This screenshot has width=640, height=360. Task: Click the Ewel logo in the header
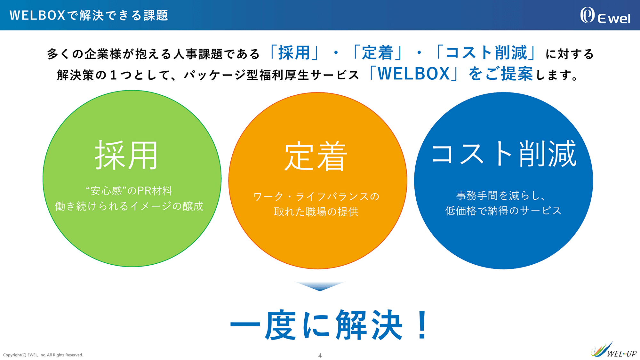click(605, 15)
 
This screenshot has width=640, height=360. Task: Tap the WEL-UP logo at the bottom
click(614, 350)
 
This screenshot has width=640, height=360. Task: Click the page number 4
click(320, 356)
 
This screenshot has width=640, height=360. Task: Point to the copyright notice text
click(43, 355)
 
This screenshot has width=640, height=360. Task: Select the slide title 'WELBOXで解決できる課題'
click(89, 15)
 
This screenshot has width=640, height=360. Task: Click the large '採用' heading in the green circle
click(126, 156)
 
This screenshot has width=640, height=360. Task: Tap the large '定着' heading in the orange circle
click(316, 156)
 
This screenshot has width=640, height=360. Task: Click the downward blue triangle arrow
click(320, 286)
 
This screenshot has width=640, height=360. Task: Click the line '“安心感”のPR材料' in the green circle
click(129, 191)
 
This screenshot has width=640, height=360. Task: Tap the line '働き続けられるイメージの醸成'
click(129, 206)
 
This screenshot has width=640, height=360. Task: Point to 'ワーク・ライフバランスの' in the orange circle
click(316, 196)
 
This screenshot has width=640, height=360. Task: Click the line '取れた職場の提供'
click(316, 212)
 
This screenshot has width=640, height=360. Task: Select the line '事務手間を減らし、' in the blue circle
click(501, 196)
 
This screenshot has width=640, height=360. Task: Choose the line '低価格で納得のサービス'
click(503, 211)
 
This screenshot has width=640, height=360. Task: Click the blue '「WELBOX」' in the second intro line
click(414, 74)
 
